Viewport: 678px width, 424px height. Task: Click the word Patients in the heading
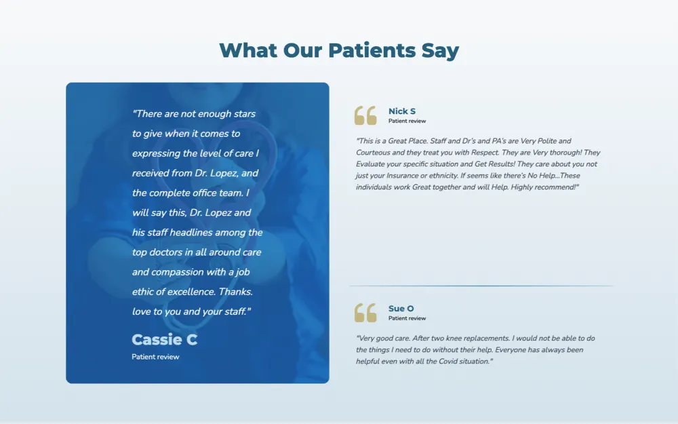coord(372,50)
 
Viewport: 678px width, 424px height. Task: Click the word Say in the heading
coord(440,51)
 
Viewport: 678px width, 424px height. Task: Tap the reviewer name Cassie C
coord(164,340)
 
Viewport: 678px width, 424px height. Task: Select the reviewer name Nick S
coord(401,111)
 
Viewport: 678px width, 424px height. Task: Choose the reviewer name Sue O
coord(401,309)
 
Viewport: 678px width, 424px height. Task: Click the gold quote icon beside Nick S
coord(365,115)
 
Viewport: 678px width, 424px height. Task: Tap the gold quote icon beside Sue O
coord(365,313)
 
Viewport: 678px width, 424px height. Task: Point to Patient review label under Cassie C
coord(155,357)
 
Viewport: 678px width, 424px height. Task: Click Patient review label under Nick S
coord(407,121)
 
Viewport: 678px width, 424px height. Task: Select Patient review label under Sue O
coord(407,318)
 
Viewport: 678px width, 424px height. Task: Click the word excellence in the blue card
coord(192,292)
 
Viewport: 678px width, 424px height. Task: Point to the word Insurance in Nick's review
coord(403,176)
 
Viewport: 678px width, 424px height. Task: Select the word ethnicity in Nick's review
coord(442,176)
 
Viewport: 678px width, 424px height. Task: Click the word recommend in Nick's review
coord(556,187)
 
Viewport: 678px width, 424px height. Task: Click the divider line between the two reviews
coord(481,286)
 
